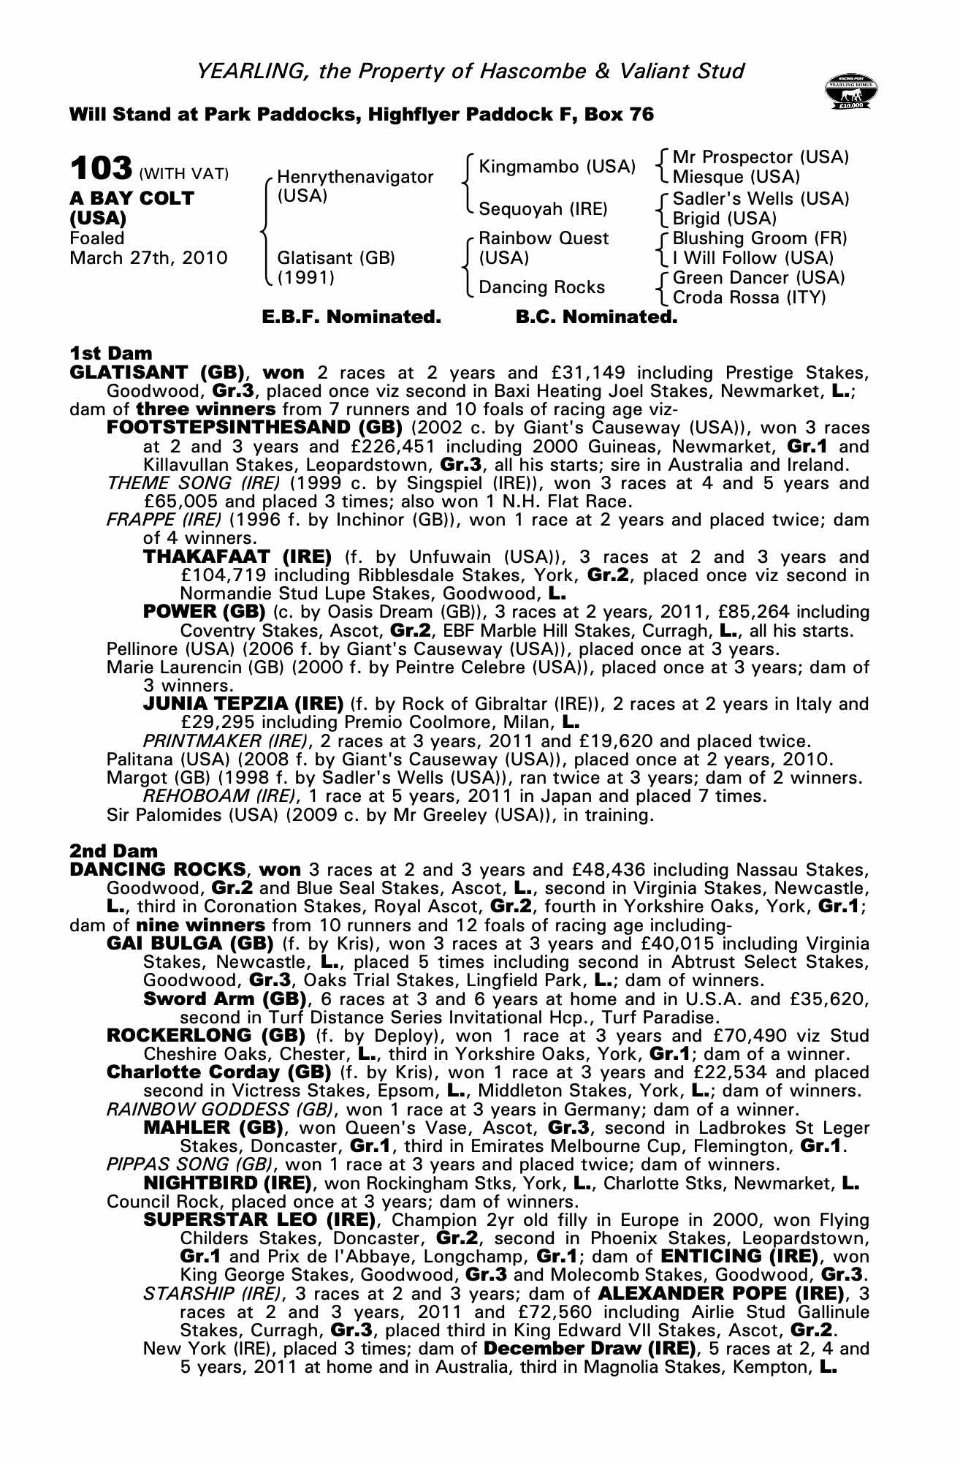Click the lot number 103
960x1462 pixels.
(101, 169)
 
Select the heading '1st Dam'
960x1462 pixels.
(111, 354)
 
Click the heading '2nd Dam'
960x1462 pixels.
(113, 851)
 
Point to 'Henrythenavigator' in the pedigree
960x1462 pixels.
(355, 177)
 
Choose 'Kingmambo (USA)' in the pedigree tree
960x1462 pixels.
(557, 167)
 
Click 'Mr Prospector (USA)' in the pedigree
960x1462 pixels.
(760, 157)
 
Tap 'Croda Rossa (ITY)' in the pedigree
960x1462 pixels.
(749, 298)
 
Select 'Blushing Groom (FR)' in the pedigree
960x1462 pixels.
(759, 238)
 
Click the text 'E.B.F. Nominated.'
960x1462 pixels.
(351, 317)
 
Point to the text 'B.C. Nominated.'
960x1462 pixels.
(596, 317)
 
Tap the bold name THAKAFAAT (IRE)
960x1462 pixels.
(237, 557)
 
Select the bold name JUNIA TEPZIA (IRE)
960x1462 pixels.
(243, 704)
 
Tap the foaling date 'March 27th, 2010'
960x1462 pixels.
(148, 258)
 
